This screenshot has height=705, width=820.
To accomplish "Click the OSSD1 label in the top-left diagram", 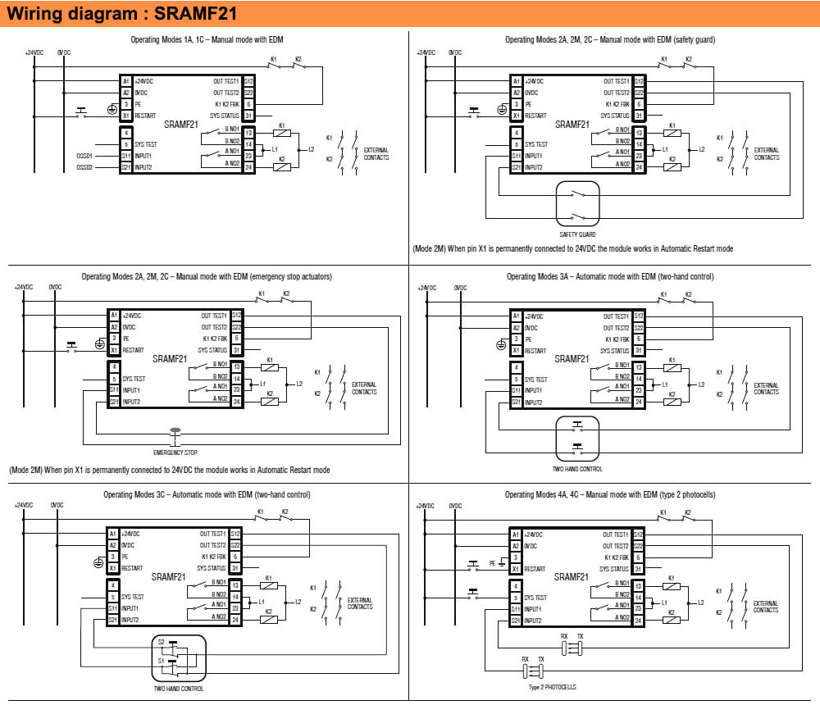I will point(84,155).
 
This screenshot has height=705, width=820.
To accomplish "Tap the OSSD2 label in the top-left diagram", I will point(84,167).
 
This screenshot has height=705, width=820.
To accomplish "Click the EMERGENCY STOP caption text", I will point(175,453).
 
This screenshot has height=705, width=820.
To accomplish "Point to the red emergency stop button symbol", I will point(175,430).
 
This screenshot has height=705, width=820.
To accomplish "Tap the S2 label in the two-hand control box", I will point(162,642).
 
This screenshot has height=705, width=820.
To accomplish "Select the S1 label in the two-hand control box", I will point(162,660).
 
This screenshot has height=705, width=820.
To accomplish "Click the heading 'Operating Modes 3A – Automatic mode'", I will point(610,276).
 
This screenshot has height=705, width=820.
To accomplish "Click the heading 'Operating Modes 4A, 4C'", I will point(610,494).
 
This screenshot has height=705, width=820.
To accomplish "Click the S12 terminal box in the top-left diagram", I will point(248,81).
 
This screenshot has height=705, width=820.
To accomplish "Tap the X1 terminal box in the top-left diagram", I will point(126,116).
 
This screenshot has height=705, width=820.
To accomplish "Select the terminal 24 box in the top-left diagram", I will point(248,167).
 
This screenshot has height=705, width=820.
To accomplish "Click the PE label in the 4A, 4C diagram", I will point(492,563).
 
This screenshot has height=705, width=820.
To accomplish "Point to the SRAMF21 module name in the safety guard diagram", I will point(573,125).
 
